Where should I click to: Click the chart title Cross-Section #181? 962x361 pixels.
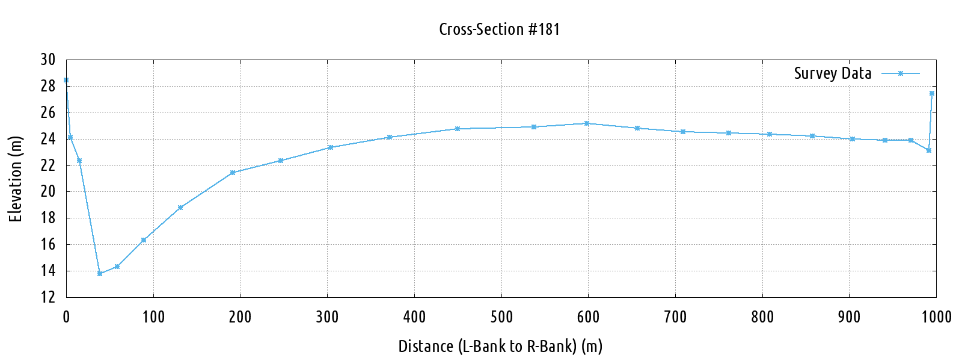(x=499, y=29)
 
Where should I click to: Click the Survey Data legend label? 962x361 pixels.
(x=832, y=73)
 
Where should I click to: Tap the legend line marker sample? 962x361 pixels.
(x=901, y=73)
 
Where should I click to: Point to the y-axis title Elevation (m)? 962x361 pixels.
(x=16, y=179)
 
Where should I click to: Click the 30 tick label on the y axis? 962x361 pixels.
(x=47, y=60)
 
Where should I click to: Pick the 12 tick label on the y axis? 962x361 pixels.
(x=47, y=297)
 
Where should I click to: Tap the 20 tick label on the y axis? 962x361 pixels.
(x=47, y=192)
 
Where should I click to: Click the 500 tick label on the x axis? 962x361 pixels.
(x=501, y=317)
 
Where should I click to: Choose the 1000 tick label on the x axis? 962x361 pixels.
(x=936, y=317)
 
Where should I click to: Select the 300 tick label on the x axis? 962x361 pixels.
(x=327, y=317)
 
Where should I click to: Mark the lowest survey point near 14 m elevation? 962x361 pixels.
(x=100, y=274)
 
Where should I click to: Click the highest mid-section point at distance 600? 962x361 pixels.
(x=587, y=123)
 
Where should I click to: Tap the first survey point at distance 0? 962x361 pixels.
(x=66, y=80)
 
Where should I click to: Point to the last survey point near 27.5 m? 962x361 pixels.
(x=932, y=93)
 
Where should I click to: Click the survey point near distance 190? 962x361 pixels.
(x=233, y=173)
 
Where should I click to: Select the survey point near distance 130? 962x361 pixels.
(x=180, y=208)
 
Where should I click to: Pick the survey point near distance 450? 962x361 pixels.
(x=458, y=129)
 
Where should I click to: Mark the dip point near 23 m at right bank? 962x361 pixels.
(x=929, y=150)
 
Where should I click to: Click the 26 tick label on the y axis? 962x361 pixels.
(x=47, y=113)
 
